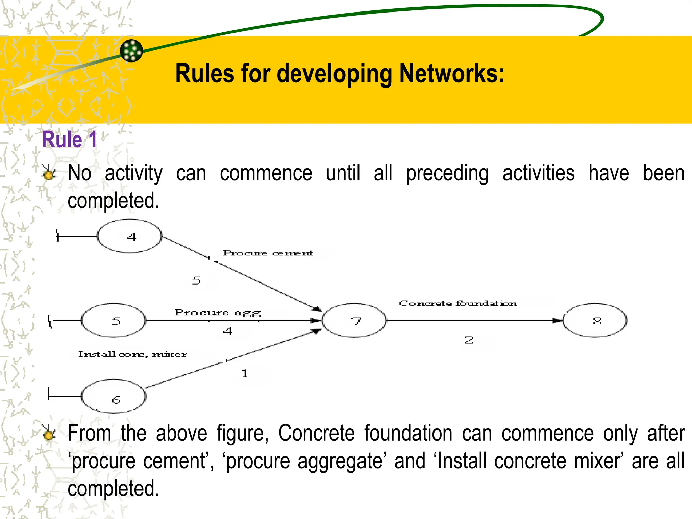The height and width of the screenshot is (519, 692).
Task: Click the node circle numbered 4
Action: click(129, 236)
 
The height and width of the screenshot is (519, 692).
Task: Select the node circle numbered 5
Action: click(114, 320)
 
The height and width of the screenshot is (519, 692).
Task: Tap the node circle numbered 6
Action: click(114, 396)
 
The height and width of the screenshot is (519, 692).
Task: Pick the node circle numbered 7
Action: click(354, 320)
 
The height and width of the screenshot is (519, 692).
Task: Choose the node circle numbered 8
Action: click(595, 320)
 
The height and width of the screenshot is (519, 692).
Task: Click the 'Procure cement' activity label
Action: click(268, 253)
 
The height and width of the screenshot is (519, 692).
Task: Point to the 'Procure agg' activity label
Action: click(218, 313)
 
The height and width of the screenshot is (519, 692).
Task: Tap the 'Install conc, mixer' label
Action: click(132, 354)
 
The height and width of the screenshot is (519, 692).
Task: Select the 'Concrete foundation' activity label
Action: click(458, 303)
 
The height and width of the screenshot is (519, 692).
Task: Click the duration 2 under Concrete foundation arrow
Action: click(469, 340)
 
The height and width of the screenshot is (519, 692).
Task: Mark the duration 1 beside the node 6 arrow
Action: click(245, 374)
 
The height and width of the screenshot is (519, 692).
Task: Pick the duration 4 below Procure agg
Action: click(228, 331)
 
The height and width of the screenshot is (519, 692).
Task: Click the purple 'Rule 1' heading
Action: click(70, 140)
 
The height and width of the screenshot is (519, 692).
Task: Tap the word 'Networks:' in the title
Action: click(452, 73)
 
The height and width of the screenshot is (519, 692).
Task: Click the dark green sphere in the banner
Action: click(131, 51)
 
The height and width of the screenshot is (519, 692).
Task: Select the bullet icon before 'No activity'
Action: click(49, 173)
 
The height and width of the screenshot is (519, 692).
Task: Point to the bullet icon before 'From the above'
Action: click(49, 433)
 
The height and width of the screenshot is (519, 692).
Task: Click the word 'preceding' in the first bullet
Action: click(447, 174)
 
